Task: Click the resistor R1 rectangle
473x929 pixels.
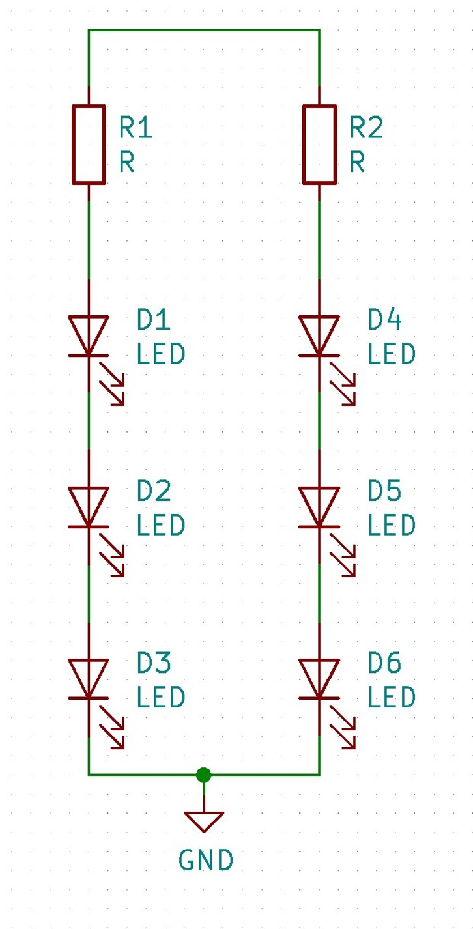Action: pos(73,145)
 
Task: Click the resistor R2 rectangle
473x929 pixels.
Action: pos(304,145)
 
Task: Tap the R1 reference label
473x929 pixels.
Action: pos(136,127)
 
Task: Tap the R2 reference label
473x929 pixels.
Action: pos(366,127)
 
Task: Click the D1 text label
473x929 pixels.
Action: pos(154,320)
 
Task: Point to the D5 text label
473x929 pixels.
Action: pos(384,491)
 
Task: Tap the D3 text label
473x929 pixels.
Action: pos(154,663)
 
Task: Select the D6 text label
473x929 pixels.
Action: pos(384,663)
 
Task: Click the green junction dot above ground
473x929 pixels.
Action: pos(204,775)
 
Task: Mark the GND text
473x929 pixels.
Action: pos(206,860)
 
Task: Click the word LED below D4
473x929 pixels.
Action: pos(392,354)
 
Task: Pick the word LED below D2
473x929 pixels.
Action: pos(160,525)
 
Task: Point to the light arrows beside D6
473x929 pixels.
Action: pos(343,727)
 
